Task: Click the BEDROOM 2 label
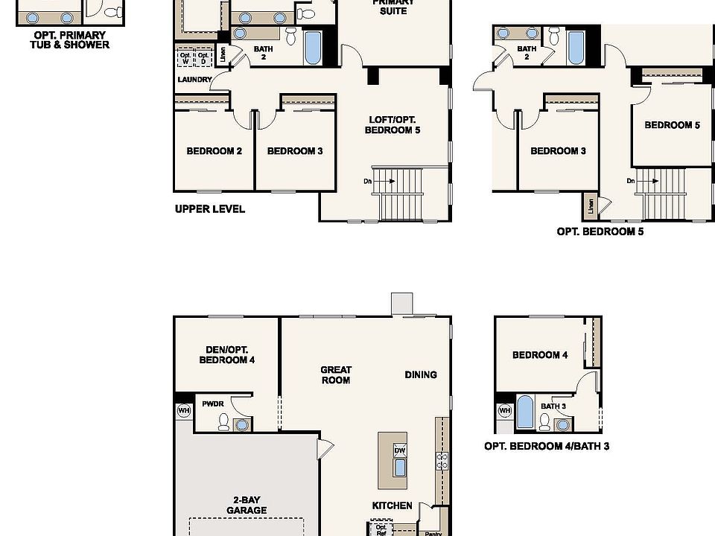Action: click(x=214, y=151)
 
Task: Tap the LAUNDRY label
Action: click(x=194, y=80)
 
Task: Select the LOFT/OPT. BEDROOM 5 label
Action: click(x=393, y=125)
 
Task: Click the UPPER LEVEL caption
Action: click(x=210, y=209)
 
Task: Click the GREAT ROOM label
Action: click(x=335, y=374)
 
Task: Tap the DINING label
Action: click(x=421, y=374)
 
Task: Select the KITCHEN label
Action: click(x=392, y=505)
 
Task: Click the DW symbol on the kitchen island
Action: click(x=399, y=450)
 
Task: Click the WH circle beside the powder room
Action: click(x=183, y=410)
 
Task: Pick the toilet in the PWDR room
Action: click(x=223, y=422)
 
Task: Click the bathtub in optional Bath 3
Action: click(x=524, y=412)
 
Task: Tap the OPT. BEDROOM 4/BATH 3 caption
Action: click(x=547, y=447)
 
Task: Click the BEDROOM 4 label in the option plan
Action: click(x=540, y=355)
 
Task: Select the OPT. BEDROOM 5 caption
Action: click(x=600, y=232)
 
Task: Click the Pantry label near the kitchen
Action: click(x=432, y=533)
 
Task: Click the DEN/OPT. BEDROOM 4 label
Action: click(x=227, y=355)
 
